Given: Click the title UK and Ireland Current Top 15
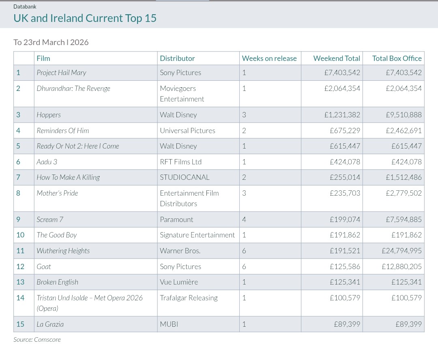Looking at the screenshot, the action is coord(85,18).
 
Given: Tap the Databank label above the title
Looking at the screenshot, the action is coord(25,6).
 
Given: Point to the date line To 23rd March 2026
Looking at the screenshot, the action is coord(51,42).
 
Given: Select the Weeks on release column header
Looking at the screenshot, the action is coord(269,58).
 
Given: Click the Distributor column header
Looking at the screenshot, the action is coord(177,58).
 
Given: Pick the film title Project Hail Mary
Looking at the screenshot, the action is coord(62,73).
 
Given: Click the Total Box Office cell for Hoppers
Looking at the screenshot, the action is coord(404,115).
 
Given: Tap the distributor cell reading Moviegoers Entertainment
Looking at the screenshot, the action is coord(182,94).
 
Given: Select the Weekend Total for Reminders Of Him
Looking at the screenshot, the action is coord(345,131).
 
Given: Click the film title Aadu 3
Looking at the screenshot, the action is coord(47,162).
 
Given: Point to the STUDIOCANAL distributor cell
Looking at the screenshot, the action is coord(185,177).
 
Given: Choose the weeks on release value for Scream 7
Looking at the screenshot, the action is coord(244,220).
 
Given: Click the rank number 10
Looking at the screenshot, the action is coord(20,235).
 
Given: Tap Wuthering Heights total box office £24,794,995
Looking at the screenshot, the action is coord(401,251).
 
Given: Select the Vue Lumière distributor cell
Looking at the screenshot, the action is coord(179,282).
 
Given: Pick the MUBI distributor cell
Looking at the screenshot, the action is coord(169,324).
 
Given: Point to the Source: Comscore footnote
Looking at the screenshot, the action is coord(37,340).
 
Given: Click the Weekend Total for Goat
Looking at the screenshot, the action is coord(345,266).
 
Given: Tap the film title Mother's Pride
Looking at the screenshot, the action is coord(57,193).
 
